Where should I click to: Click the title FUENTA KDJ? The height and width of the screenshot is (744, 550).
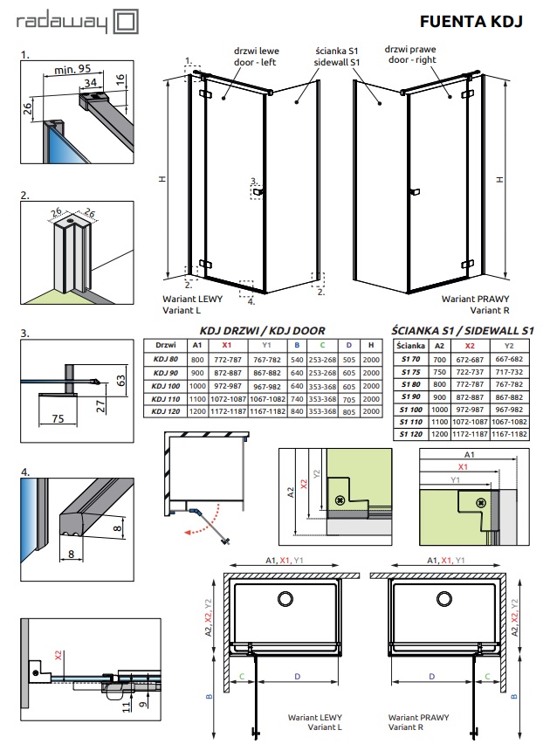[471, 21]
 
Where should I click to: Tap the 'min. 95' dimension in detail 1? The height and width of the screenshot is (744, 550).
[72, 69]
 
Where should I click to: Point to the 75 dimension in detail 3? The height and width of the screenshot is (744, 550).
[58, 418]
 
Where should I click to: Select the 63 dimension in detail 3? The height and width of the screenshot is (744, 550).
[121, 381]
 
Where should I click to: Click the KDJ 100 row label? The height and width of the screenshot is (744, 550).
[166, 386]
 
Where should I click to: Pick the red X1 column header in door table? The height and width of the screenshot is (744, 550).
[227, 345]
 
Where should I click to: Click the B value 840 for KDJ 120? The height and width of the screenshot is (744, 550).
[297, 411]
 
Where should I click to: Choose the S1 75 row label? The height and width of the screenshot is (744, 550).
[410, 372]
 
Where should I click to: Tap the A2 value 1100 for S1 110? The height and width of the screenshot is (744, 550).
[439, 422]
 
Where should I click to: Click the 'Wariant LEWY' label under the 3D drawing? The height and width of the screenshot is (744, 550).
[192, 299]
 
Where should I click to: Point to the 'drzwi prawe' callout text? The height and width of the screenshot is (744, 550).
[410, 49]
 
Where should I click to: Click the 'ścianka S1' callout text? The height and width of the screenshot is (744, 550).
[336, 51]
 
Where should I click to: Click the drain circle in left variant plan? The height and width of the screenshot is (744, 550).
[285, 599]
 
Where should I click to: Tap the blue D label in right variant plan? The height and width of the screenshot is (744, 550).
[432, 676]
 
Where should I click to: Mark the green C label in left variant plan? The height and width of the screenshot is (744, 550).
[242, 676]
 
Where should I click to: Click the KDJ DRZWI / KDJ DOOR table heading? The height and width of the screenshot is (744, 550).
[263, 331]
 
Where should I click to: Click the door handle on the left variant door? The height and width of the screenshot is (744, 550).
[258, 192]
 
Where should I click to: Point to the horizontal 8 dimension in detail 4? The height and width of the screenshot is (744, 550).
[72, 554]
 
